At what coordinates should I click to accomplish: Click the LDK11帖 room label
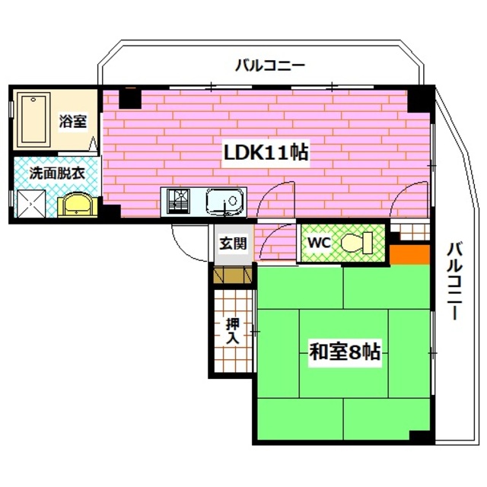tap(266, 153)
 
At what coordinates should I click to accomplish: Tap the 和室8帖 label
tap(345, 352)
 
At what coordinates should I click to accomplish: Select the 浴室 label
tap(73, 121)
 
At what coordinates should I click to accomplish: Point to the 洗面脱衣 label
tap(57, 173)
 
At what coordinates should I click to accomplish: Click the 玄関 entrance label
tap(234, 243)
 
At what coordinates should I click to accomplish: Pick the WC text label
tap(320, 243)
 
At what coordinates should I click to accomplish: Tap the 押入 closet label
tap(233, 331)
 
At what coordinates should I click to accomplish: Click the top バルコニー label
tap(270, 66)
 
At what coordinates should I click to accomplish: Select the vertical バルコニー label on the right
tap(455, 282)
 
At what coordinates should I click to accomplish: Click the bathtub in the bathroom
tap(33, 119)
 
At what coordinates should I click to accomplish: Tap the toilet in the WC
tap(357, 242)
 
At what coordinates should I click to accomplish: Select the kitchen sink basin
tap(225, 201)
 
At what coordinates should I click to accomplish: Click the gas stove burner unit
tap(179, 201)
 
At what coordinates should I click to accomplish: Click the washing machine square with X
tap(31, 204)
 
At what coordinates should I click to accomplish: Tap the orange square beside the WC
tap(409, 254)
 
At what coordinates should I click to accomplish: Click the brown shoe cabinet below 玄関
tap(233, 275)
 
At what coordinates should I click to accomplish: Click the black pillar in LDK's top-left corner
tap(130, 98)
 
